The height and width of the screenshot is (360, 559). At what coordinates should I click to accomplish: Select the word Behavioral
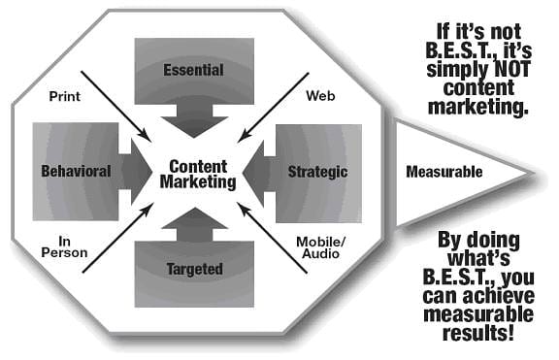pyautogui.click(x=76, y=172)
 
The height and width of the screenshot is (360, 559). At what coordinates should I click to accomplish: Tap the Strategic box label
pyautogui.click(x=317, y=172)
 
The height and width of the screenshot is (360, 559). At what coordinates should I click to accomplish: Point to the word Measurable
pyautogui.click(x=444, y=172)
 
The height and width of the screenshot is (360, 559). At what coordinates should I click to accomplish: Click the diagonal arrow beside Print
pyautogui.click(x=113, y=103)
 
